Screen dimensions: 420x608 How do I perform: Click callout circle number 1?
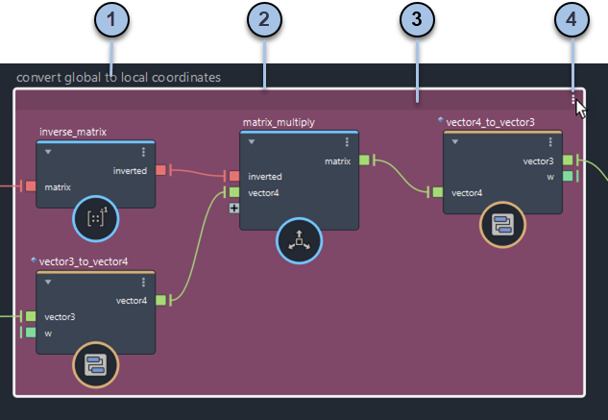(x=114, y=19)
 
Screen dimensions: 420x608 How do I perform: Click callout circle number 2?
(x=264, y=19)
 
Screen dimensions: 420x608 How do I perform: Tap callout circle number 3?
(x=416, y=19)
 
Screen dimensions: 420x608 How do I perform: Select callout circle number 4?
(x=572, y=19)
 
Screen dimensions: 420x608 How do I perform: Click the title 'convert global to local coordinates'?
(x=119, y=77)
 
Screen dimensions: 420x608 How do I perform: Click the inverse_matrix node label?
(x=73, y=131)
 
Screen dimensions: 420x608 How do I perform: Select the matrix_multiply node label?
(x=279, y=122)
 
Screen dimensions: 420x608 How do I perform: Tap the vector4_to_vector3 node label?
(x=490, y=122)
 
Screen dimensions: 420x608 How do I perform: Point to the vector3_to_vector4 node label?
(x=84, y=260)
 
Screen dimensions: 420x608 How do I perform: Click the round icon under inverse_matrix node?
(x=96, y=219)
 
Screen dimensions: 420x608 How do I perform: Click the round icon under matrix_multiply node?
(x=299, y=239)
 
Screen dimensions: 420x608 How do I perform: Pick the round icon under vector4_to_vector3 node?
(x=501, y=227)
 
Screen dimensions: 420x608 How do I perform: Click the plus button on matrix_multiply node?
(x=233, y=208)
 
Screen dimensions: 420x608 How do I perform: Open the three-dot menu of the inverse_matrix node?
(x=144, y=152)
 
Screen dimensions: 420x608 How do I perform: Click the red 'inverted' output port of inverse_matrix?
(x=160, y=170)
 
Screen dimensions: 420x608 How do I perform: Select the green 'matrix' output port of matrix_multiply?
(x=364, y=161)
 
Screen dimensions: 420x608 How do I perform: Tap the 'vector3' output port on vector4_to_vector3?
(x=568, y=161)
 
